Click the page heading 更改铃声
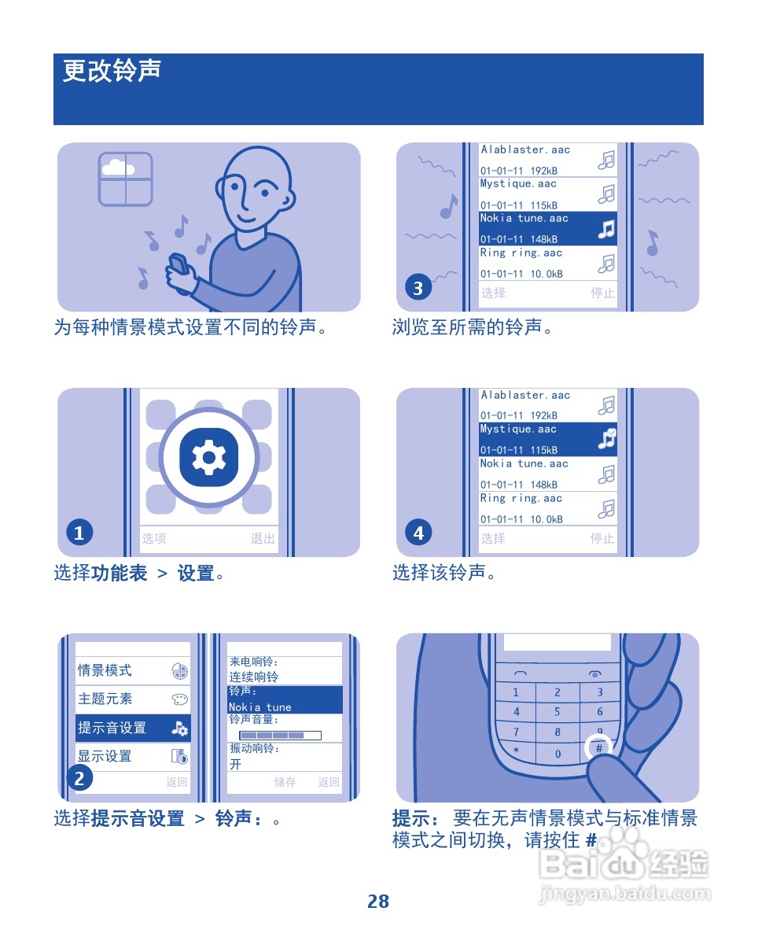tap(112, 71)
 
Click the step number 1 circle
tap(79, 533)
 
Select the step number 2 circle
tap(79, 778)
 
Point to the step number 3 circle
tap(418, 288)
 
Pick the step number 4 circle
tap(418, 533)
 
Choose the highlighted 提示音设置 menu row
tap(132, 728)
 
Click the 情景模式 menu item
tap(132, 671)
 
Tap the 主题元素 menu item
tap(132, 699)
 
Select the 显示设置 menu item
tap(132, 756)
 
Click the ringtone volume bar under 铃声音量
tap(281, 736)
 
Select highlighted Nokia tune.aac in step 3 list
tap(547, 229)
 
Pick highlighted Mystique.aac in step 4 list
tap(547, 440)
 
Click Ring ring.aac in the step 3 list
tap(547, 264)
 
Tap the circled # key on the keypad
tap(598, 748)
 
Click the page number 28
tap(378, 902)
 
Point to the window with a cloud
tap(125, 179)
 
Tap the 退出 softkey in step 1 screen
tap(263, 539)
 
